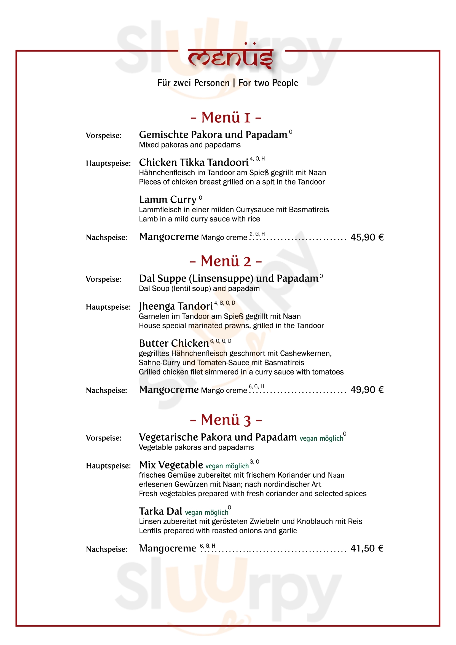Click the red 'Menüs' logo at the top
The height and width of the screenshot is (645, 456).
pos(230,58)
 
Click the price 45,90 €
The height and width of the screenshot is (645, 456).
pos(367,237)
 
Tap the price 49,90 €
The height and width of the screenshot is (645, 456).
pos(367,390)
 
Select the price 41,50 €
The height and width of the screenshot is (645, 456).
pos(367,548)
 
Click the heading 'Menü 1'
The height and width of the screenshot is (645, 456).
pos(226,117)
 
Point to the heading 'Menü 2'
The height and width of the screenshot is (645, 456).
pos(226,261)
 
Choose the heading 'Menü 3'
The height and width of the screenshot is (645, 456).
pos(226,420)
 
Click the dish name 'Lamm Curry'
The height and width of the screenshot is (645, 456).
pos(168,200)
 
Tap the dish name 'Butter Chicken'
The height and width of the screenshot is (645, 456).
pos(174,343)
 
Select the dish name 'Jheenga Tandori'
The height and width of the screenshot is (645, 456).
pos(176,306)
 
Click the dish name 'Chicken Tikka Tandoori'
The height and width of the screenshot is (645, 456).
pos(194,163)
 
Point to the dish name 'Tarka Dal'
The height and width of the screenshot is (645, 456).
pos(161,511)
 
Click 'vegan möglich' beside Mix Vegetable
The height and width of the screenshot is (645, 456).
pos(227,466)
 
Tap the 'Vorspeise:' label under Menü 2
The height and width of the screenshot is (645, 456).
pos(104,279)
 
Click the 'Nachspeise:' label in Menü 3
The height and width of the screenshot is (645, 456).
pos(106,549)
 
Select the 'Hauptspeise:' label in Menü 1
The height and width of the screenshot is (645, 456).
pos(108,164)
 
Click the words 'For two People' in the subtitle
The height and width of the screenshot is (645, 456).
pos(268,83)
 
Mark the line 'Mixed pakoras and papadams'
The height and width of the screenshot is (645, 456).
pos(190,145)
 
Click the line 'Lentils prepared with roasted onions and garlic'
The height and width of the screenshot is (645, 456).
pos(218,531)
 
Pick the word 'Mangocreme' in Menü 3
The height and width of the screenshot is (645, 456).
pos(168,548)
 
